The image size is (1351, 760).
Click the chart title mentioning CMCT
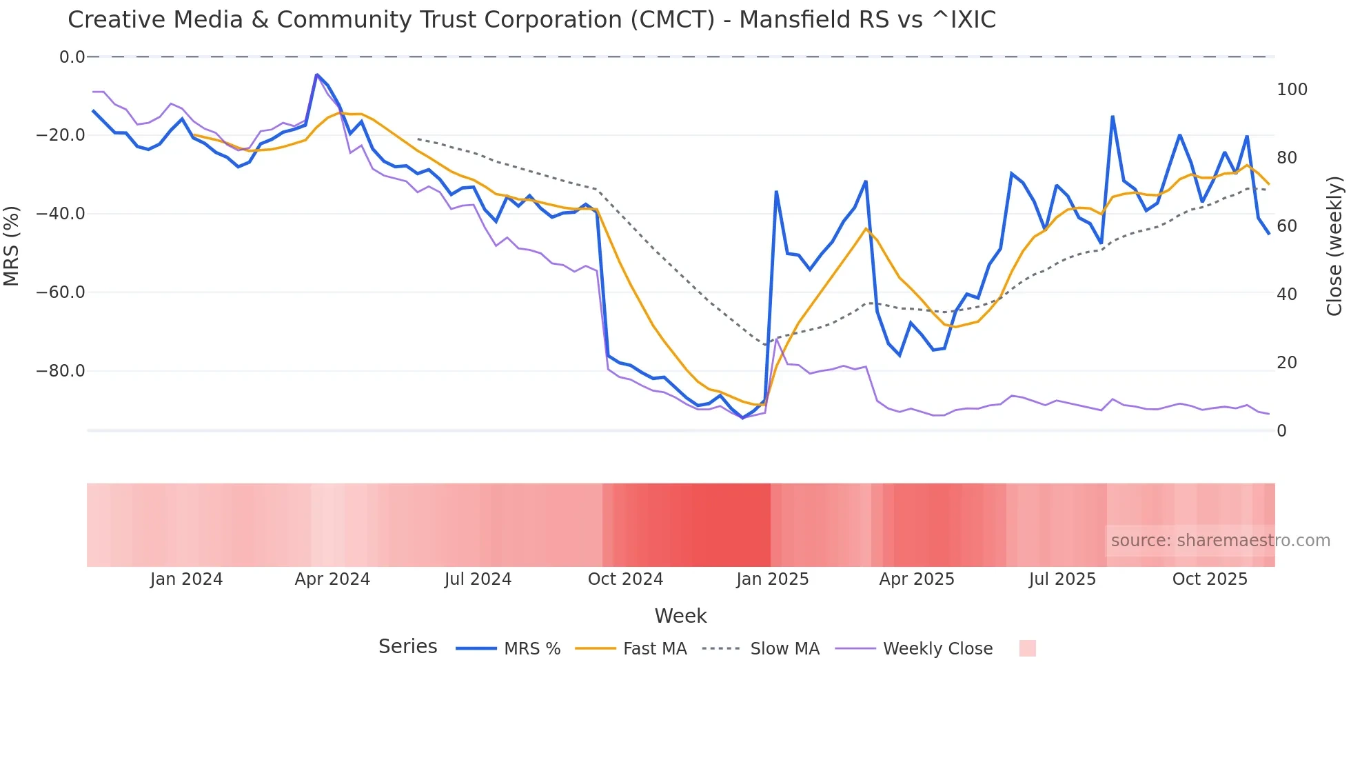click(531, 20)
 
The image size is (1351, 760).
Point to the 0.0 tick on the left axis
click(72, 57)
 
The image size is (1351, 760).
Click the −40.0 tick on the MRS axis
click(61, 214)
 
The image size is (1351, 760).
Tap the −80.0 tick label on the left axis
click(61, 371)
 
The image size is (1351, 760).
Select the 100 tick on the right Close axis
click(1292, 90)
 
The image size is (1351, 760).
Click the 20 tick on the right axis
click(1287, 363)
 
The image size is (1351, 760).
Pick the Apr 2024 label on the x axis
click(332, 579)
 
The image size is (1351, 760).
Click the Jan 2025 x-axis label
click(772, 579)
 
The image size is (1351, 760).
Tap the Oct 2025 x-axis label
click(1210, 579)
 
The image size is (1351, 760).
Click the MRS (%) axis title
click(12, 246)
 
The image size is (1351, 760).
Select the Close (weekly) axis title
click(1334, 246)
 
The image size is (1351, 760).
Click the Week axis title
click(680, 616)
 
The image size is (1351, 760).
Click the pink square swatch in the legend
click(1027, 648)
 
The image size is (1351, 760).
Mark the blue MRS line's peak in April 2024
click(316, 74)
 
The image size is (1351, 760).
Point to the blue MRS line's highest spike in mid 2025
click(1113, 117)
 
